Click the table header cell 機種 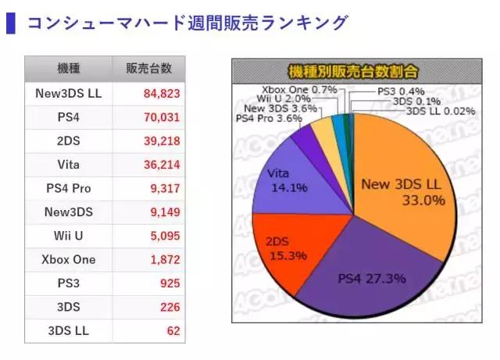tap(68, 68)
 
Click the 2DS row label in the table tap(68, 141)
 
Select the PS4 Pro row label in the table tap(68, 188)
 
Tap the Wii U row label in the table tap(68, 235)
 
